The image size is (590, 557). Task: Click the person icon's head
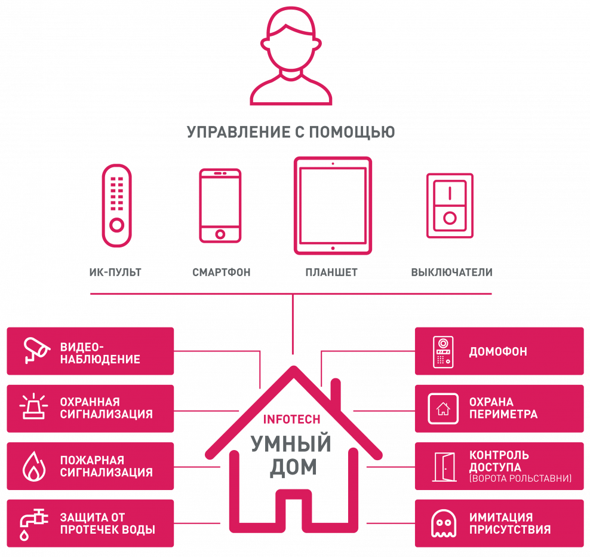291,39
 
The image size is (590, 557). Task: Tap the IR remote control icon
116,206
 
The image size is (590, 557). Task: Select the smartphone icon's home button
220,234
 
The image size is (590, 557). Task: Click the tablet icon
333,206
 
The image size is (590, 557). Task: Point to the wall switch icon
450,206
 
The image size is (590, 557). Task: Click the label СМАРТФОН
221,273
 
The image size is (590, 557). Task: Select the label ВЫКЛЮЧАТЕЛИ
451,273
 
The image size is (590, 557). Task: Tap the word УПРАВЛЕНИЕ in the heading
238,132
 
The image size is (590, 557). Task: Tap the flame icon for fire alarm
34,466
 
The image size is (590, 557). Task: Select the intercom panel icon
443,352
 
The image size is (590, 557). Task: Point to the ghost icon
444,524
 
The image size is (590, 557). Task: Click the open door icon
444,467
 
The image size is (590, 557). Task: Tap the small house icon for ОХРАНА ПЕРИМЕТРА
443,409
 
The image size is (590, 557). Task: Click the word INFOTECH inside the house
291,420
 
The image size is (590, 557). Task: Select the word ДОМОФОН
498,352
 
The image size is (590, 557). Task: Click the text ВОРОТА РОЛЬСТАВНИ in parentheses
520,479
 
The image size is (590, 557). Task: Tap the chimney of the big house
336,394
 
